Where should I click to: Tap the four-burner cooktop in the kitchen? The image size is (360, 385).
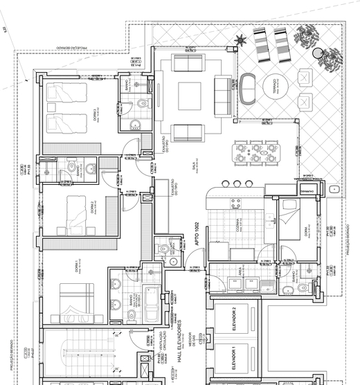[235, 203]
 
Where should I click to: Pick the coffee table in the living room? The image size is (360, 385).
[190, 93]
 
